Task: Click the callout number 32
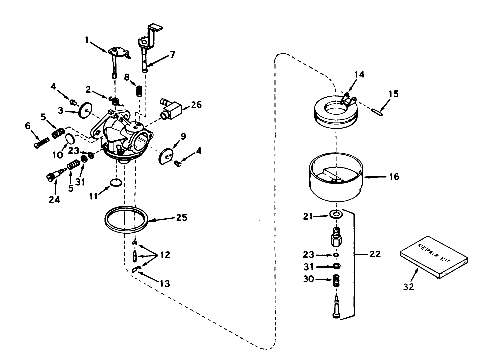[408, 286]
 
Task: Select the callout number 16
[394, 176]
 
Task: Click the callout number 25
[182, 218]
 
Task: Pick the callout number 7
[172, 55]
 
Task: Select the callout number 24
[54, 200]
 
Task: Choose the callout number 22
[375, 254]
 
